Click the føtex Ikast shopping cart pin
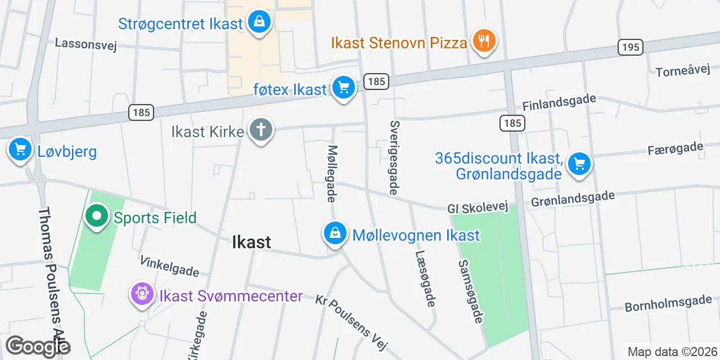coord(343,88)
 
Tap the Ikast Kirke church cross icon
coord(260,130)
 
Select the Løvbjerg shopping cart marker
coord(21,150)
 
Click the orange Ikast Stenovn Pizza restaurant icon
coord(483,41)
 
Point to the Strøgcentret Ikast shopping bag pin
coord(259,22)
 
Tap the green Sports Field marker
coord(97,216)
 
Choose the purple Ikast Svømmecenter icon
coord(141,294)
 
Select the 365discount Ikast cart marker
coord(579,164)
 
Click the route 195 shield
coord(631,47)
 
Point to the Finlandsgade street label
coord(559,102)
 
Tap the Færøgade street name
coord(675,148)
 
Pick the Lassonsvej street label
coord(85,44)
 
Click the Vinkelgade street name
coord(169,266)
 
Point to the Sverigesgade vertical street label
coord(395,157)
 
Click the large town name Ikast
coord(251,242)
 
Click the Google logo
coord(38,346)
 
